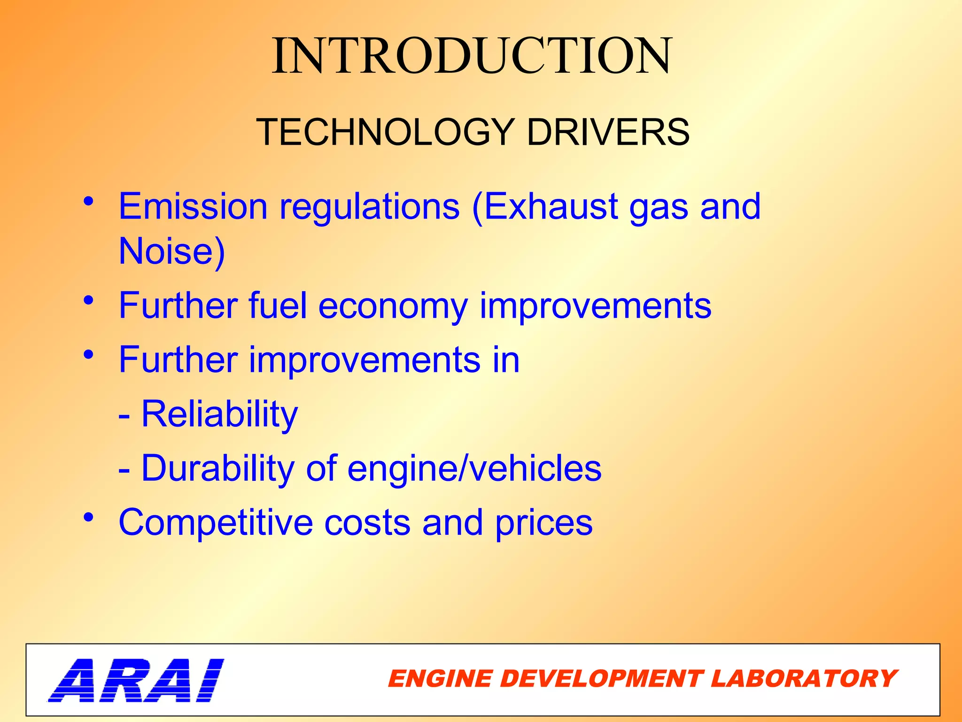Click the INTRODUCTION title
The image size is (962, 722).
(x=472, y=56)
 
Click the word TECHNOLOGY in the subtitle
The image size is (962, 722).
(x=385, y=132)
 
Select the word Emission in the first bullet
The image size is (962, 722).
(x=193, y=206)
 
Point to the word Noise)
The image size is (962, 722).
(x=172, y=251)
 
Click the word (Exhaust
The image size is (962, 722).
(x=544, y=206)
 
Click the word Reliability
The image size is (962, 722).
(x=219, y=415)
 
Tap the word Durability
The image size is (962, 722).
(x=217, y=469)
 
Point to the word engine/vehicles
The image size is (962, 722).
(x=474, y=469)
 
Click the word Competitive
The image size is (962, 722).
(x=216, y=522)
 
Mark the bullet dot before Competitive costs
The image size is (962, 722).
(x=89, y=518)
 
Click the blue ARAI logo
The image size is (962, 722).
(x=136, y=680)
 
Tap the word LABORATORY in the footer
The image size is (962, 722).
(x=804, y=679)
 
